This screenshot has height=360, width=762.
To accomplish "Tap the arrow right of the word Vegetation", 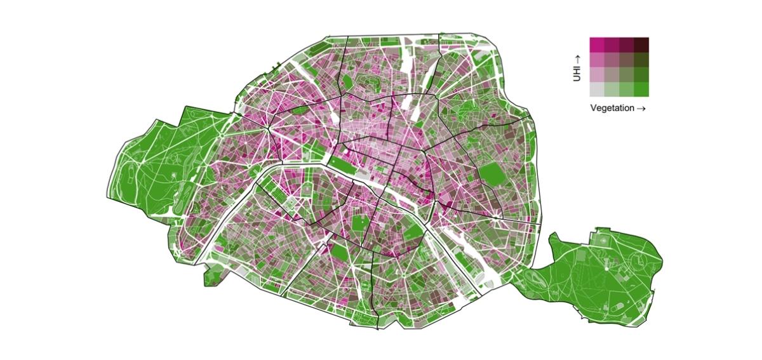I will pos(641,108).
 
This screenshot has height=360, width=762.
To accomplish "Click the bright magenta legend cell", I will pos(597,44).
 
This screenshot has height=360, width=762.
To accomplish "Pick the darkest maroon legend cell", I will pos(641,44).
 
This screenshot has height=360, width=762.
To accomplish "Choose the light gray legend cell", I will pos(597,89).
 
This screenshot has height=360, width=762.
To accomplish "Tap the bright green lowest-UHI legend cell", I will pos(641,89).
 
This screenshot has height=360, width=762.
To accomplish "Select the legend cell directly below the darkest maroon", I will pos(641,60).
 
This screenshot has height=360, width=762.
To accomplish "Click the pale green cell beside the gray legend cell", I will pos(612,89).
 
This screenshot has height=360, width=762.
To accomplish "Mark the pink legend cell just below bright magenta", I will pos(597,60).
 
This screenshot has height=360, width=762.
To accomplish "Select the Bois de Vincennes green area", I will pos(597,273).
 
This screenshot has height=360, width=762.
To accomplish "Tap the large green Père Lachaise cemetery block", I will pos(492,175).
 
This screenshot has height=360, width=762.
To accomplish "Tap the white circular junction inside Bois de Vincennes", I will pos(606,268).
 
